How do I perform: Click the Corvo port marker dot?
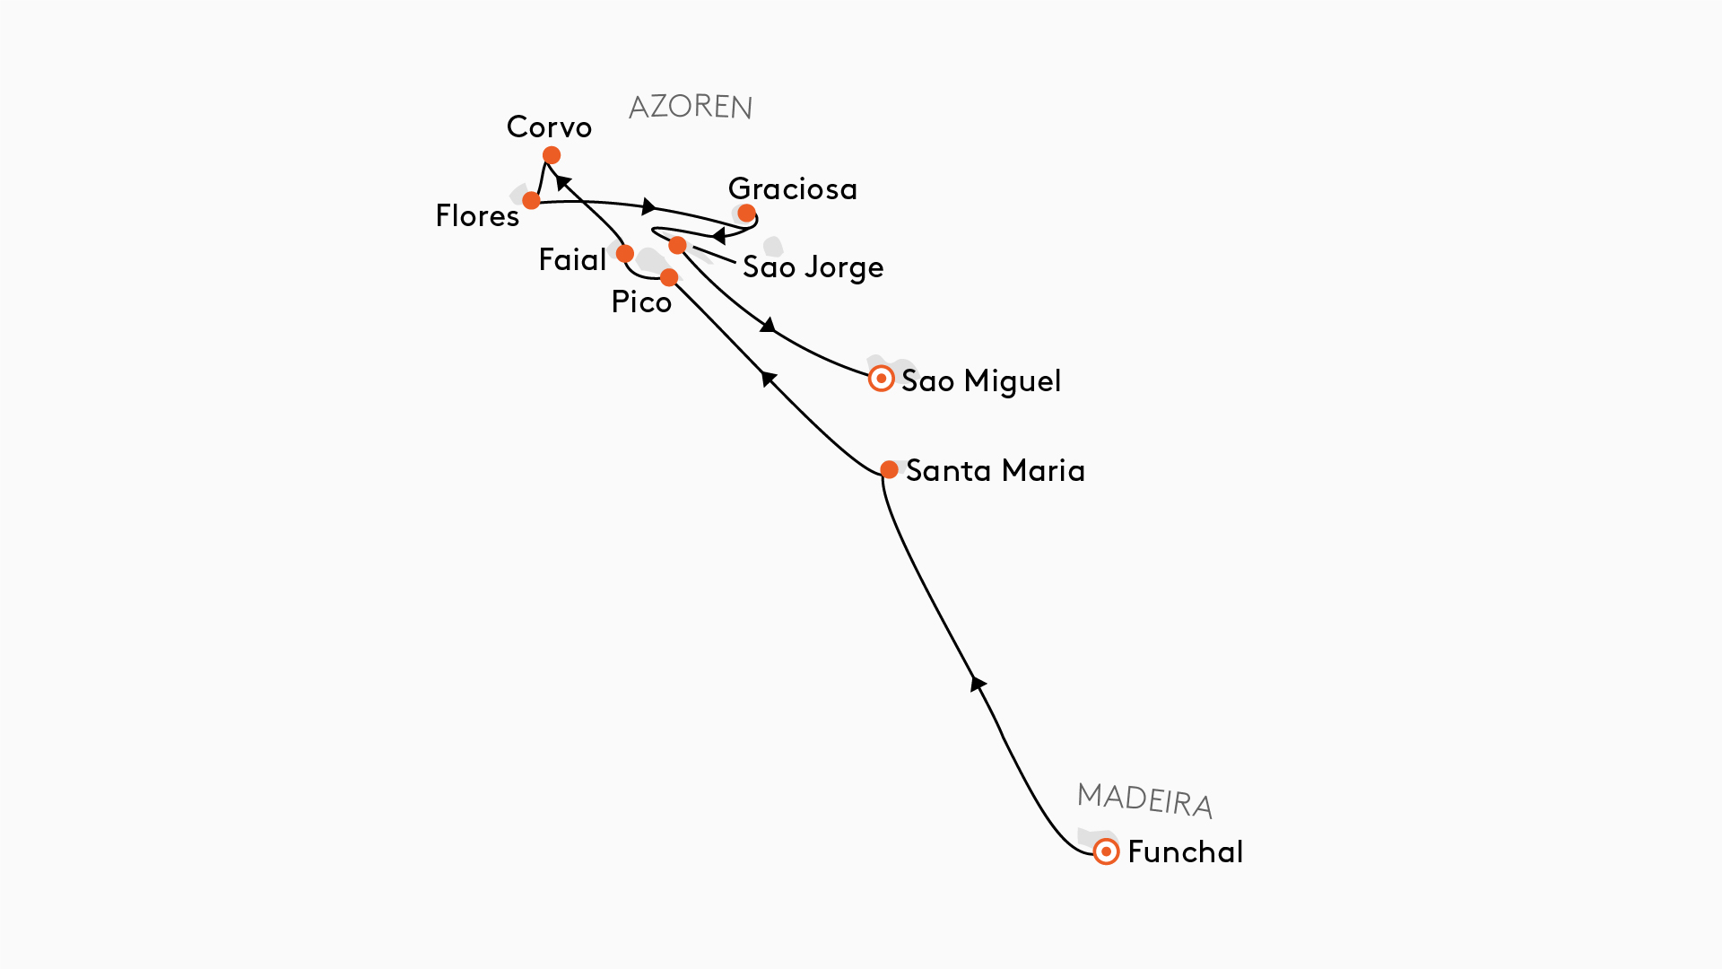(552, 155)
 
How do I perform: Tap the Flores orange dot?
(531, 200)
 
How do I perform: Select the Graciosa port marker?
(746, 214)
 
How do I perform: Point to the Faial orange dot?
(625, 254)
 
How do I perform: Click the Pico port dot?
(669, 276)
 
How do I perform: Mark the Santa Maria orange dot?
(889, 469)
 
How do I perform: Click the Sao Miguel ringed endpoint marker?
(881, 379)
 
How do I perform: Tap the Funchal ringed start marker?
(1106, 851)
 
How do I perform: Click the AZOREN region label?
(690, 107)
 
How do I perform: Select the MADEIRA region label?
(1144, 799)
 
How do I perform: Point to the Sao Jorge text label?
(813, 267)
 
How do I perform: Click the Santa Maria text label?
(995, 471)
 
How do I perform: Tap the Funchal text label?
(1185, 852)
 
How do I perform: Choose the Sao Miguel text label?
(980, 381)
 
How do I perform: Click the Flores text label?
(477, 216)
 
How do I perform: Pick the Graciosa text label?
(793, 189)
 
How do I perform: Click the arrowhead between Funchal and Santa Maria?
(978, 684)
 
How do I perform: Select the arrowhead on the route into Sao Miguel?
(768, 325)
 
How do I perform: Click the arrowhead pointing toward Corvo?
(563, 182)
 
